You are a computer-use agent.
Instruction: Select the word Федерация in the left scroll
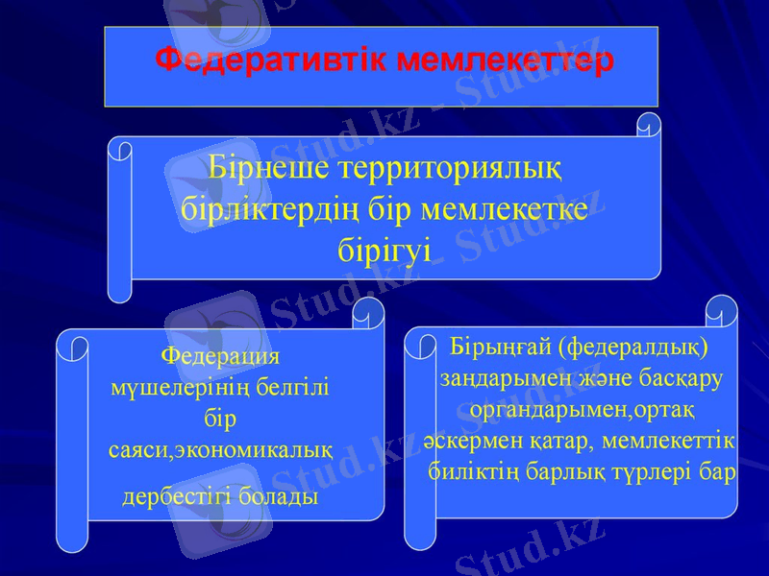tap(220, 355)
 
